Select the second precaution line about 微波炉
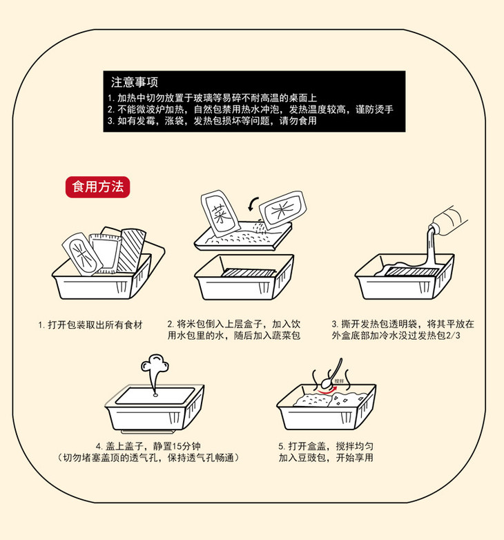click(x=251, y=110)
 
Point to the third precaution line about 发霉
click(x=212, y=121)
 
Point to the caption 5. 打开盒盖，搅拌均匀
click(x=324, y=445)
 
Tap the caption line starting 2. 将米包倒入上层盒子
click(x=235, y=323)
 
